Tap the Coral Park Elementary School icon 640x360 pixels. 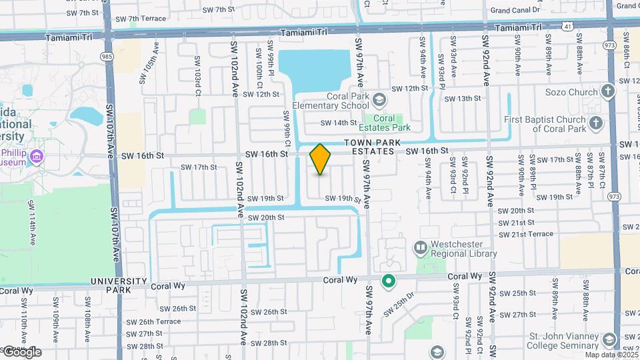click(x=379, y=100)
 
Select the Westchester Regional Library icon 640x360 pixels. click(x=421, y=248)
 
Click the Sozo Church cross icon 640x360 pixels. click(x=607, y=91)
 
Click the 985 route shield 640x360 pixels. click(x=108, y=57)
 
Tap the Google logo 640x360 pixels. click(x=21, y=352)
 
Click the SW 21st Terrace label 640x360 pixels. click(x=525, y=233)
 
